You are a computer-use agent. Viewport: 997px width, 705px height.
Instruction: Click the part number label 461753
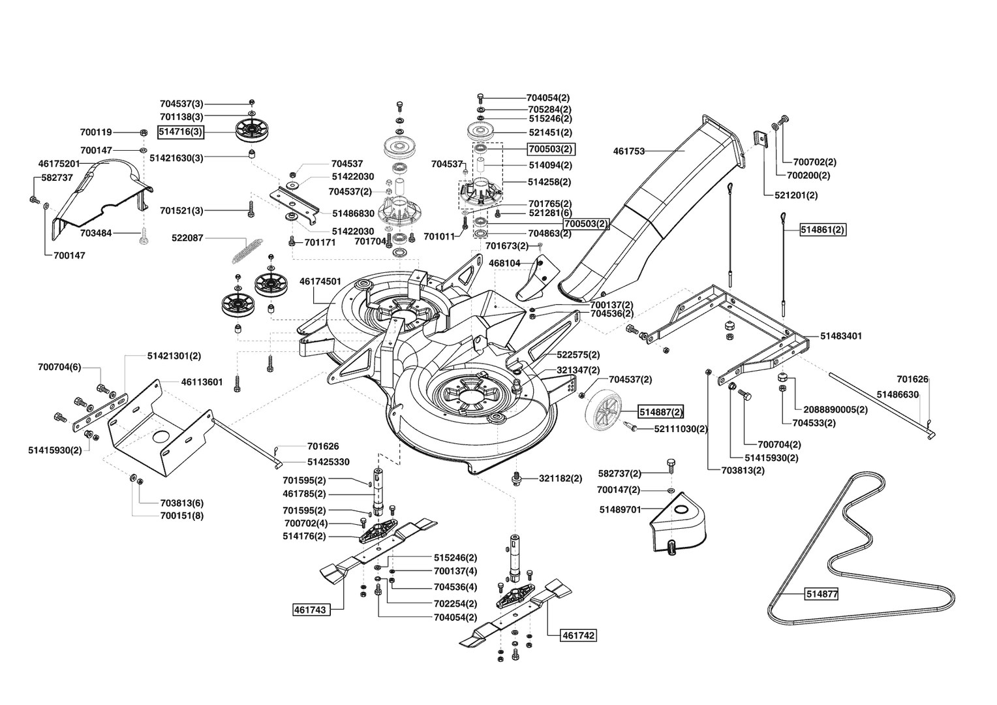pyautogui.click(x=628, y=151)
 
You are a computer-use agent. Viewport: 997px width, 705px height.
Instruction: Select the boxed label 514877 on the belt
pyautogui.click(x=821, y=593)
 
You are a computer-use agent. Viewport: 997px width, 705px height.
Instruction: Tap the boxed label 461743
pyautogui.click(x=312, y=610)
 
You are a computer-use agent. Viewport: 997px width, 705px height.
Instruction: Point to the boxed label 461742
pyautogui.click(x=578, y=635)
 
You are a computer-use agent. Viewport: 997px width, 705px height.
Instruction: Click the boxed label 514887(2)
pyautogui.click(x=661, y=412)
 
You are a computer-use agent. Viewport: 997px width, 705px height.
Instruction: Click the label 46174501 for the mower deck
pyautogui.click(x=320, y=281)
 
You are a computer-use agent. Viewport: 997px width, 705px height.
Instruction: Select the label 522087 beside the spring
pyautogui.click(x=187, y=238)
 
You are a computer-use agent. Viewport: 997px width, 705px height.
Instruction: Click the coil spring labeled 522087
pyautogui.click(x=247, y=251)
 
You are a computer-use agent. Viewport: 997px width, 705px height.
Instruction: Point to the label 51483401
pyautogui.click(x=841, y=336)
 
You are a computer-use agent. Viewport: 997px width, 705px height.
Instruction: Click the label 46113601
pyautogui.click(x=202, y=382)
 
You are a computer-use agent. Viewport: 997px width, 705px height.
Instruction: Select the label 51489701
pyautogui.click(x=620, y=509)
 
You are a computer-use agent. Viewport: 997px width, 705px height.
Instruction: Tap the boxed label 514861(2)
pyautogui.click(x=823, y=230)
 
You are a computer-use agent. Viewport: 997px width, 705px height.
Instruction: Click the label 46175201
pyautogui.click(x=59, y=163)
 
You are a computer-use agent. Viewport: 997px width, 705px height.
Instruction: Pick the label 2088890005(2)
pyautogui.click(x=835, y=409)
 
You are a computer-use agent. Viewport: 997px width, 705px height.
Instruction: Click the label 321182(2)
pyautogui.click(x=560, y=478)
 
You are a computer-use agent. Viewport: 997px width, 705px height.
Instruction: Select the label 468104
pyautogui.click(x=504, y=263)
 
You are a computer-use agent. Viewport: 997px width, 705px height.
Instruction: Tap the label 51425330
pyautogui.click(x=328, y=462)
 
